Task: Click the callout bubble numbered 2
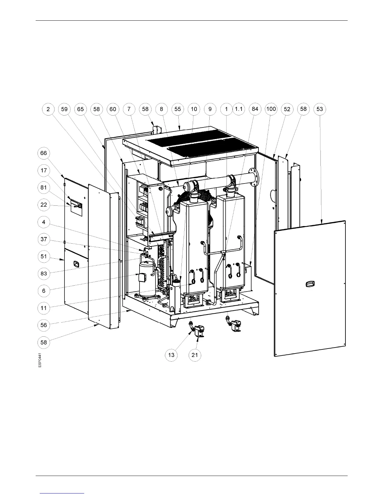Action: tap(48, 109)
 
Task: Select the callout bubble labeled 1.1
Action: tap(239, 109)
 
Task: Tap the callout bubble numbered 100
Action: tap(271, 109)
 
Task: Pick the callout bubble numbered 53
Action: tap(319, 109)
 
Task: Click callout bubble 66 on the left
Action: tap(43, 153)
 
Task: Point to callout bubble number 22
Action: tap(43, 205)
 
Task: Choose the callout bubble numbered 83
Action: tap(43, 273)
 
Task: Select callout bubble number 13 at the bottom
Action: tap(171, 355)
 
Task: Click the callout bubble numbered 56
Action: tap(43, 325)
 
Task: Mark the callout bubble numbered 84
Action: tap(255, 109)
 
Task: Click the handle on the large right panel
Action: tap(310, 284)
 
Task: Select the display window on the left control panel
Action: tap(76, 205)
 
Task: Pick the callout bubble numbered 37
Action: tap(43, 240)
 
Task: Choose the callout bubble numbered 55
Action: tap(178, 109)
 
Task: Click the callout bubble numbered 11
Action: tap(43, 308)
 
